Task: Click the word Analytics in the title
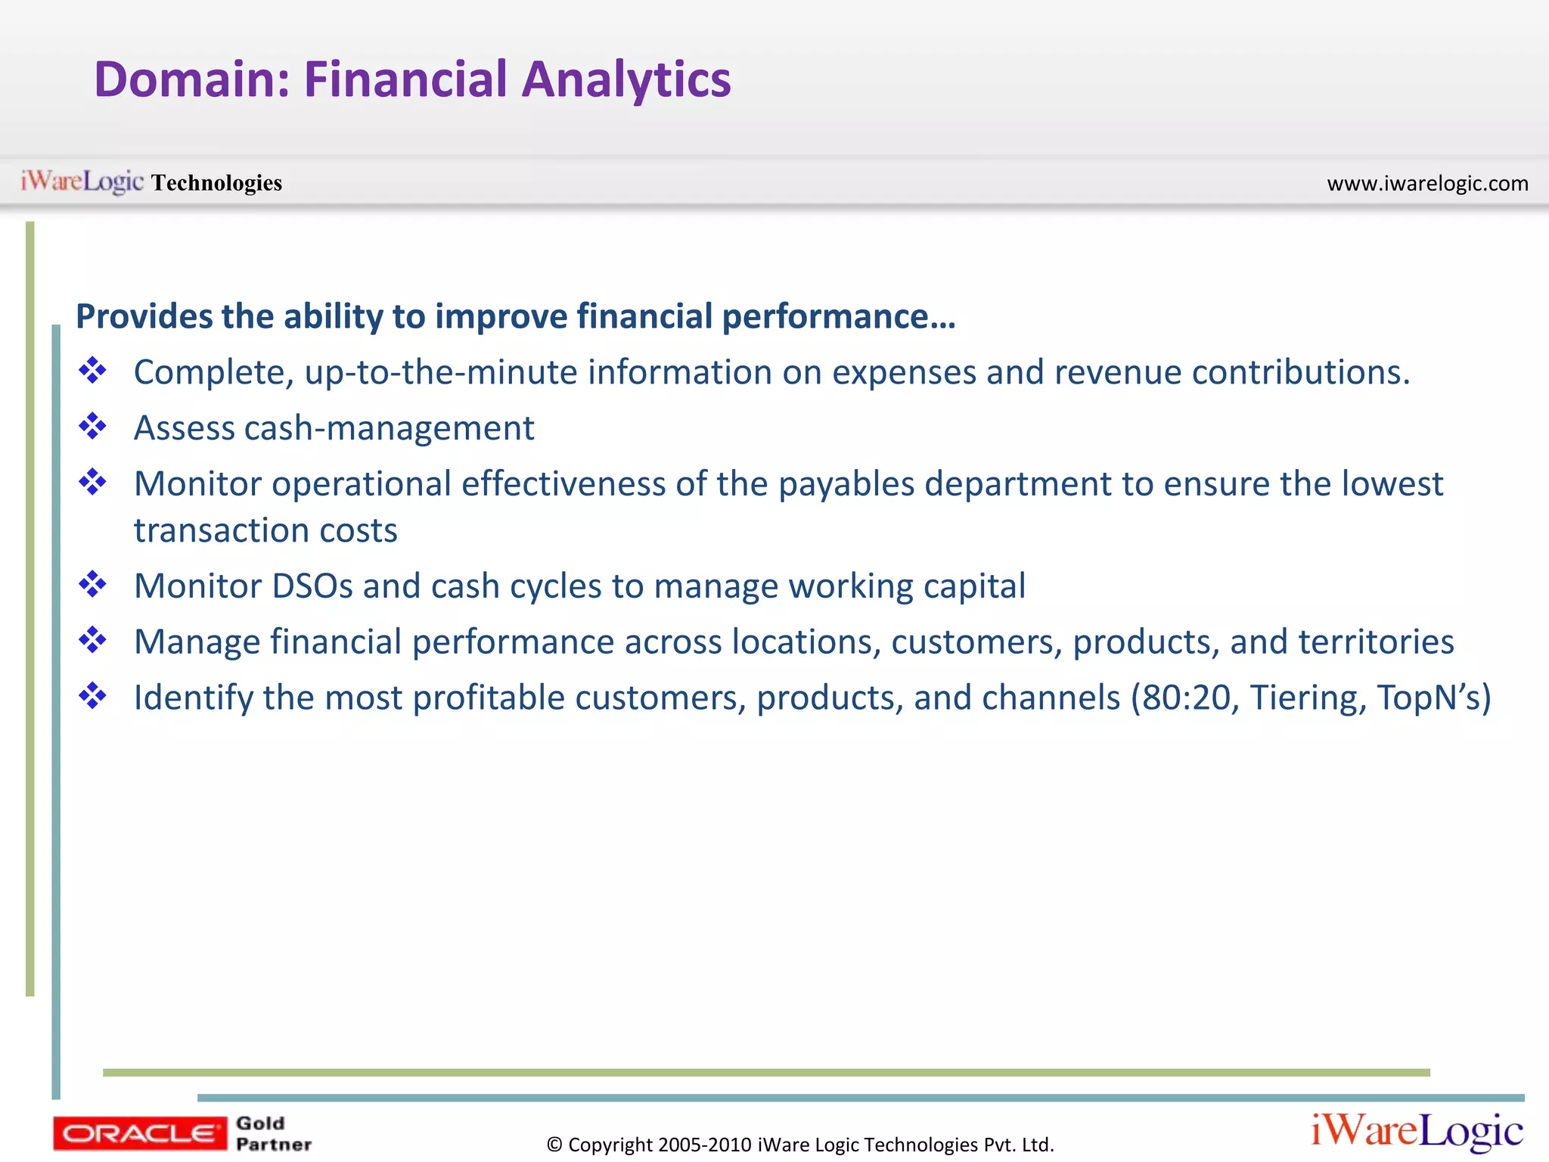[626, 80]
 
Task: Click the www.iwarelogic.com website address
[1427, 183]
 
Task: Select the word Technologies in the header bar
[216, 183]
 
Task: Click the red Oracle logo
[139, 1133]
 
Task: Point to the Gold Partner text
[273, 1133]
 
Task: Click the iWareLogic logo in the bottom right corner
[1417, 1131]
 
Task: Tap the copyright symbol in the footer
[554, 1145]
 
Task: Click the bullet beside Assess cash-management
[92, 427]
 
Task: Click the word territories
[1376, 642]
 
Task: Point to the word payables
[846, 484]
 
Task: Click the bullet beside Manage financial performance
[92, 641]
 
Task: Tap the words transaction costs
[265, 530]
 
